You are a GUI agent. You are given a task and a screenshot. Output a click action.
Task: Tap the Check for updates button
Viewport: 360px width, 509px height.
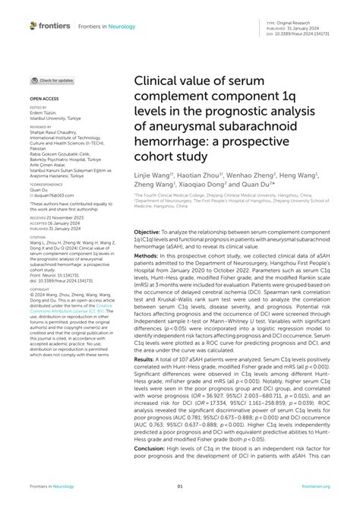click(x=52, y=80)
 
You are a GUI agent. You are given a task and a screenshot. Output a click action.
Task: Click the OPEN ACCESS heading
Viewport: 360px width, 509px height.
click(x=45, y=100)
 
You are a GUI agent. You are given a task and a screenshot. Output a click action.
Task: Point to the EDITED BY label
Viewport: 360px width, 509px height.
click(x=38, y=108)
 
